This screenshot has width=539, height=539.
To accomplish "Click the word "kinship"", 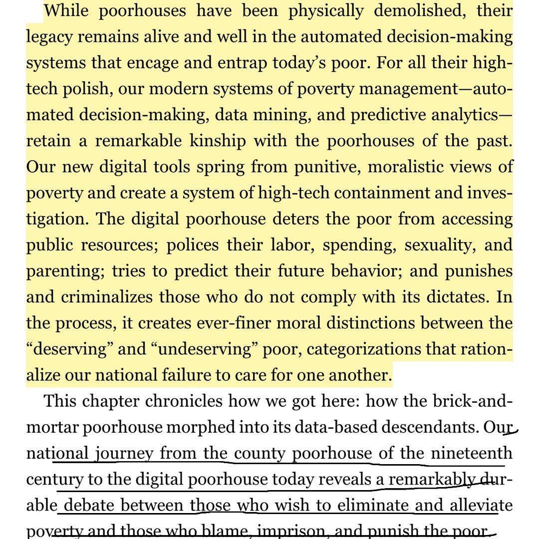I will [x=218, y=141].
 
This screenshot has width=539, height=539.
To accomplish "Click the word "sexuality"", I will [x=440, y=245].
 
